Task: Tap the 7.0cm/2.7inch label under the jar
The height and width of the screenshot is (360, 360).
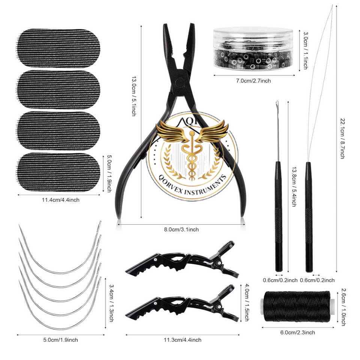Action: (253, 81)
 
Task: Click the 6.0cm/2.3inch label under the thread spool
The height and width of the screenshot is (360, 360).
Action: (297, 332)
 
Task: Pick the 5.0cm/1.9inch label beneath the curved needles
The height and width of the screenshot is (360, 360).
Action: (60, 340)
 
